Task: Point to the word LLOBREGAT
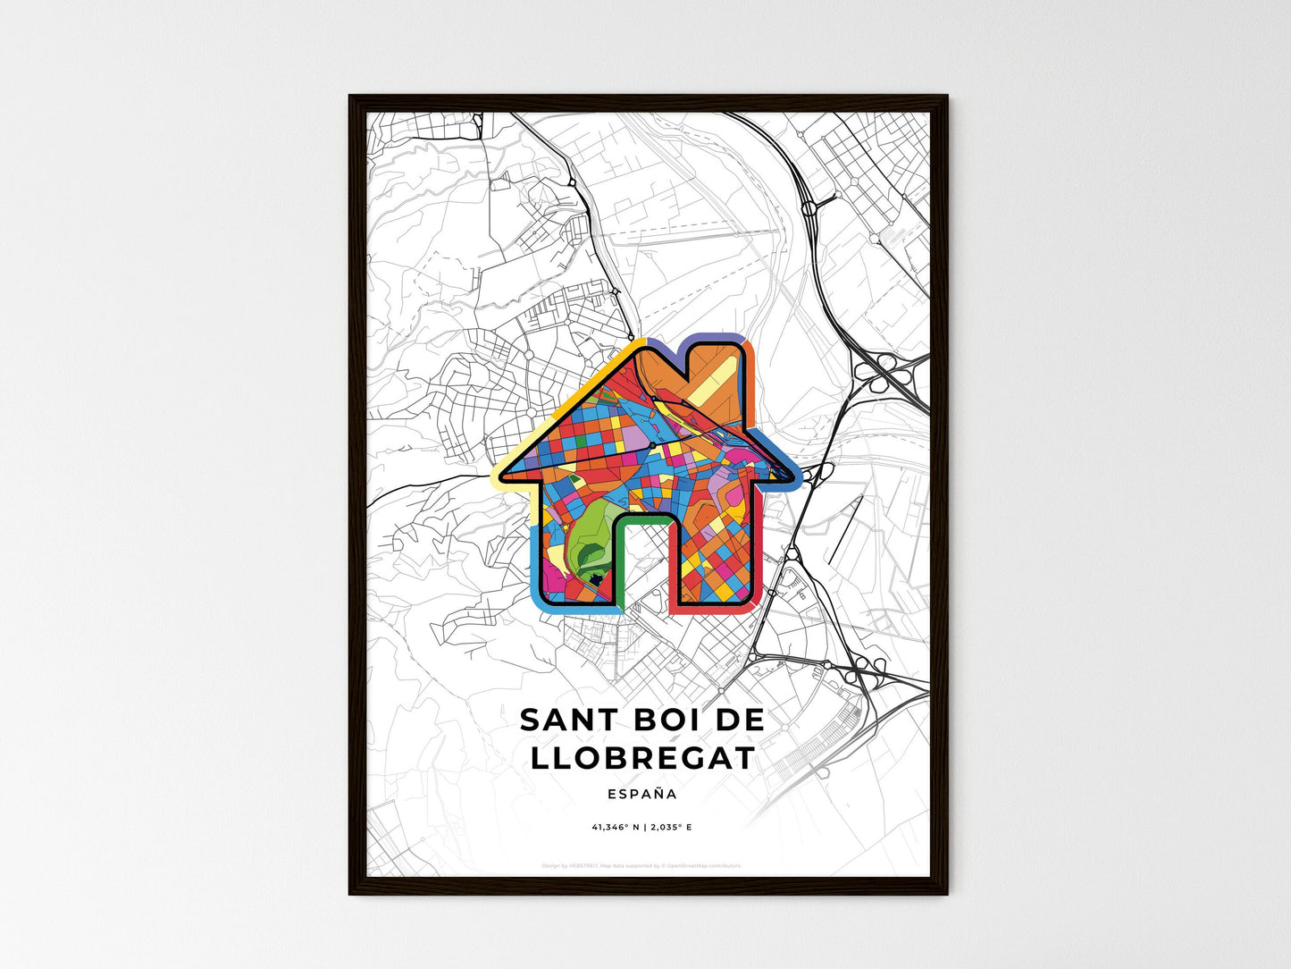[642, 758]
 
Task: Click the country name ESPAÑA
[641, 794]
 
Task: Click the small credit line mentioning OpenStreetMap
[641, 865]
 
